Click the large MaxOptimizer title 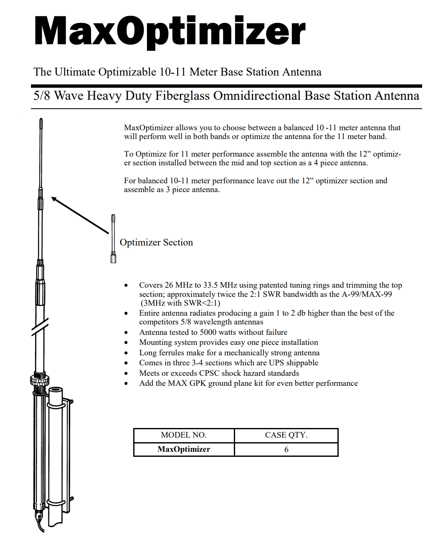(x=170, y=31)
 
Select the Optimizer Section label (x=156, y=243)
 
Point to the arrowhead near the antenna (x=54, y=199)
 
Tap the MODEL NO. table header (x=184, y=435)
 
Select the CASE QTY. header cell (x=286, y=435)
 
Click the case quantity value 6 (x=286, y=450)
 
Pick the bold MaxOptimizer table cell (x=184, y=449)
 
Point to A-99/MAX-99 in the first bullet (x=367, y=294)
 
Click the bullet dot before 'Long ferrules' (x=126, y=353)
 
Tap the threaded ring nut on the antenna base (x=40, y=380)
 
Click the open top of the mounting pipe (x=56, y=390)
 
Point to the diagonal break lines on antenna (x=40, y=327)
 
